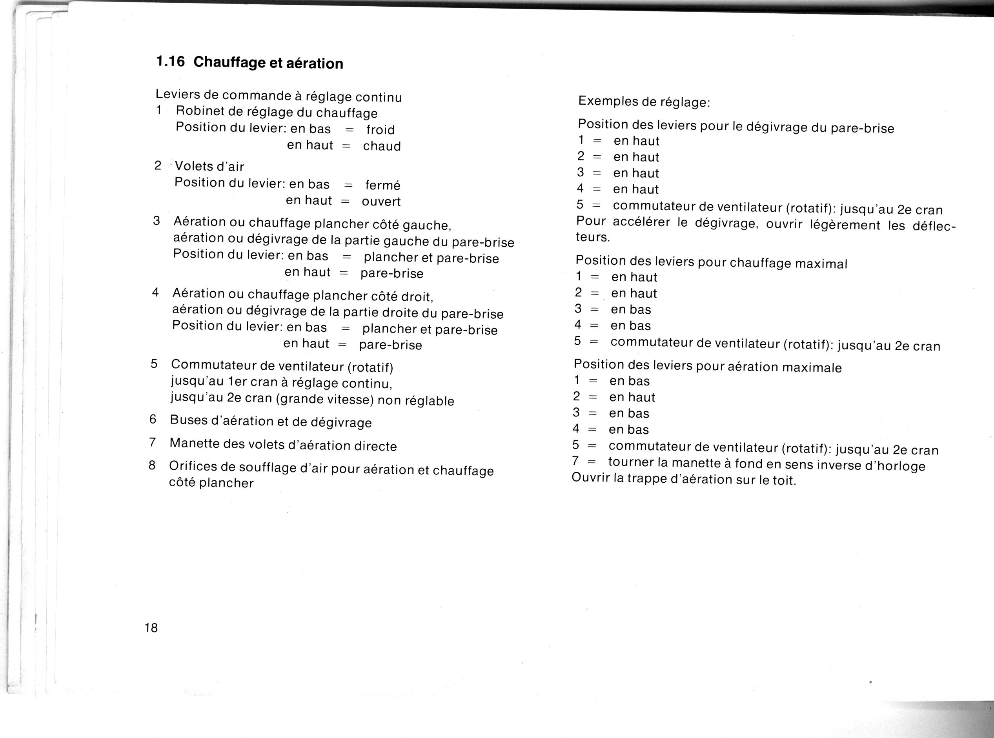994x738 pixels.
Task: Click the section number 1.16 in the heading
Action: pyautogui.click(x=170, y=61)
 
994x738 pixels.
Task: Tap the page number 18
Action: pyautogui.click(x=151, y=628)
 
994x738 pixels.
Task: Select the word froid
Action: pyautogui.click(x=380, y=129)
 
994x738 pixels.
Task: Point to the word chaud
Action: pyautogui.click(x=382, y=146)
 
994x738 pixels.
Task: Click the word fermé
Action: pyautogui.click(x=382, y=185)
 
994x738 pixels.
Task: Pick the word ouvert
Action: pyautogui.click(x=381, y=202)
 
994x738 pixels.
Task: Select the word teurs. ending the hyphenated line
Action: pyautogui.click(x=593, y=237)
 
